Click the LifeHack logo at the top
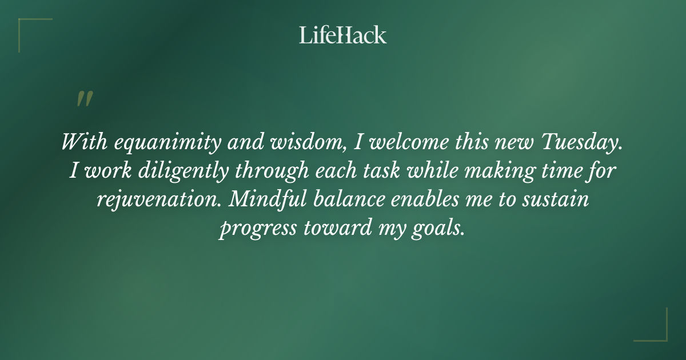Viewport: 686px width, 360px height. [343, 35]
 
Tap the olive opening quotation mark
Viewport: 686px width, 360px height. [84, 99]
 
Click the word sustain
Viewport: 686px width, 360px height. [557, 199]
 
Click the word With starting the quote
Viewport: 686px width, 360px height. [84, 143]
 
